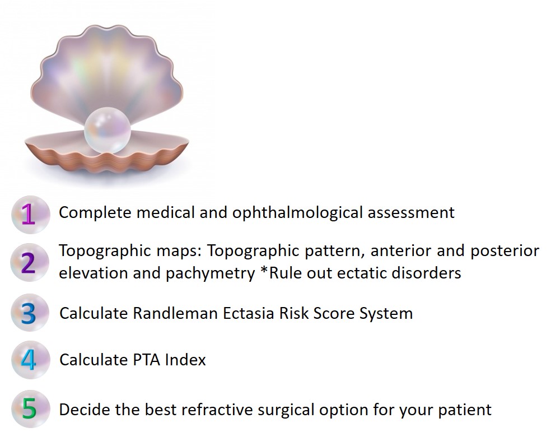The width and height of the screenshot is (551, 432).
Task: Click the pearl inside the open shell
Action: (x=108, y=131)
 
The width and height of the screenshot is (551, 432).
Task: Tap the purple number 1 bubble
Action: (x=31, y=215)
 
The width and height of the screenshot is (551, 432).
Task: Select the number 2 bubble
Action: (x=30, y=262)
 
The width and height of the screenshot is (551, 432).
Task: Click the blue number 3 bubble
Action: (x=30, y=313)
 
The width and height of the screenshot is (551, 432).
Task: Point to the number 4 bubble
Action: (x=30, y=360)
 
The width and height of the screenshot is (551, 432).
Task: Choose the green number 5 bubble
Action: (x=30, y=409)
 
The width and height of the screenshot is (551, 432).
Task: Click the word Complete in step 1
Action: (x=95, y=213)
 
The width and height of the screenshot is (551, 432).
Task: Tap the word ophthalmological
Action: (x=297, y=213)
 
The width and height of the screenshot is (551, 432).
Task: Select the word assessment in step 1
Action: (x=411, y=213)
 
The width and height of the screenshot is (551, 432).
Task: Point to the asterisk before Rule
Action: (x=264, y=270)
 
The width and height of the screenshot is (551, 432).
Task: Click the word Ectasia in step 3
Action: (x=249, y=313)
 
